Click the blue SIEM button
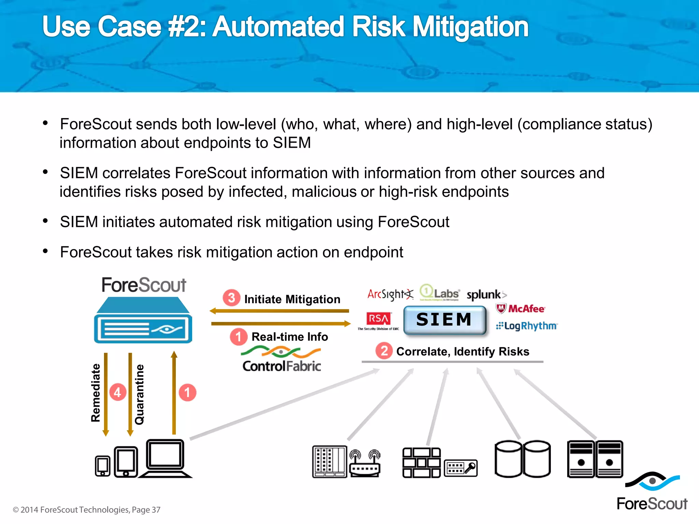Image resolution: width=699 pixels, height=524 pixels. click(x=444, y=320)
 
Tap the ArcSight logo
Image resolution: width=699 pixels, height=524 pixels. click(x=390, y=294)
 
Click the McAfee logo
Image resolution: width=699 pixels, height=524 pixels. click(x=521, y=309)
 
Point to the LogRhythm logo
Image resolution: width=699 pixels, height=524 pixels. click(x=527, y=326)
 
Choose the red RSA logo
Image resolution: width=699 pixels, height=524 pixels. click(x=378, y=319)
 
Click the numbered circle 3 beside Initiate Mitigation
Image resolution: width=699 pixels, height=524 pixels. click(x=231, y=298)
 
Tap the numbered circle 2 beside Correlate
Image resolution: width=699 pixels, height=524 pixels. click(x=384, y=351)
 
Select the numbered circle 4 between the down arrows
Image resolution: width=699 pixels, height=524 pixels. click(x=118, y=392)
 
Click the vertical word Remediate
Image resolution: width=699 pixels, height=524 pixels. click(x=96, y=393)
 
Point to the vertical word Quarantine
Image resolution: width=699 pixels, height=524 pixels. click(x=139, y=394)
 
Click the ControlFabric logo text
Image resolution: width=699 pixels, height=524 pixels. click(x=282, y=366)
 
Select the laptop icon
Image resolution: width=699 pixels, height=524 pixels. click(x=166, y=458)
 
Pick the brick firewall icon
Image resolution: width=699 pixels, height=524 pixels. click(x=421, y=463)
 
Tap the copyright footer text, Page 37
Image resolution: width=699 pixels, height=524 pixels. click(x=86, y=510)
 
